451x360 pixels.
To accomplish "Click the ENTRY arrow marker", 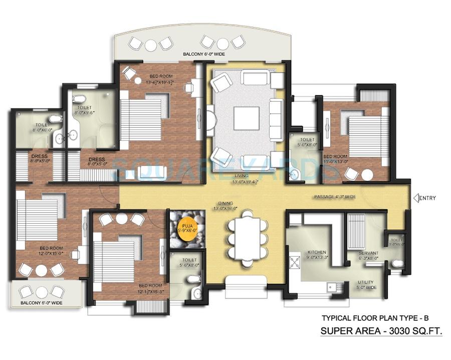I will tap(415, 198).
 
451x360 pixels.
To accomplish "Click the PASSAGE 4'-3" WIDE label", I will tap(335, 197).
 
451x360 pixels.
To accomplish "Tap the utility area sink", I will tap(332, 287).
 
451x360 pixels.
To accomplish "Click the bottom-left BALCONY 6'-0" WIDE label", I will tap(42, 303).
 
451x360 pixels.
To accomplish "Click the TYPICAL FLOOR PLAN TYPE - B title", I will tap(375, 318).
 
